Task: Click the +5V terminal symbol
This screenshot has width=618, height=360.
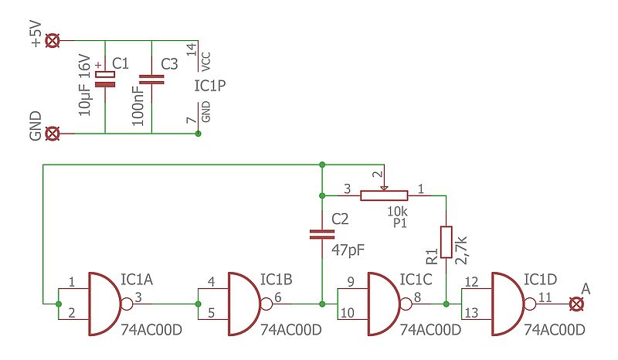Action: click(53, 41)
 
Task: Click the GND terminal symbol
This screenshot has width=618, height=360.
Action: click(53, 134)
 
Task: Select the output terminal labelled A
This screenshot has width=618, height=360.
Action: click(575, 304)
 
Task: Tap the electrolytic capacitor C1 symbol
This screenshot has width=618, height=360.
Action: click(104, 79)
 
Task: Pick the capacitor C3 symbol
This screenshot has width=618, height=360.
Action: click(151, 79)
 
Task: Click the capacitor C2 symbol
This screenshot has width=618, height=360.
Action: click(321, 234)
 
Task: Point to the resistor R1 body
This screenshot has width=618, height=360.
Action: click(446, 241)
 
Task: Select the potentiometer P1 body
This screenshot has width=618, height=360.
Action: click(383, 195)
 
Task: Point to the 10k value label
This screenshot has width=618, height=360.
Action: click(397, 210)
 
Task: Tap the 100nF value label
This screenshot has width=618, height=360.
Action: click(137, 99)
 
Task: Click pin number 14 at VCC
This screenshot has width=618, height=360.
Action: click(191, 50)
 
